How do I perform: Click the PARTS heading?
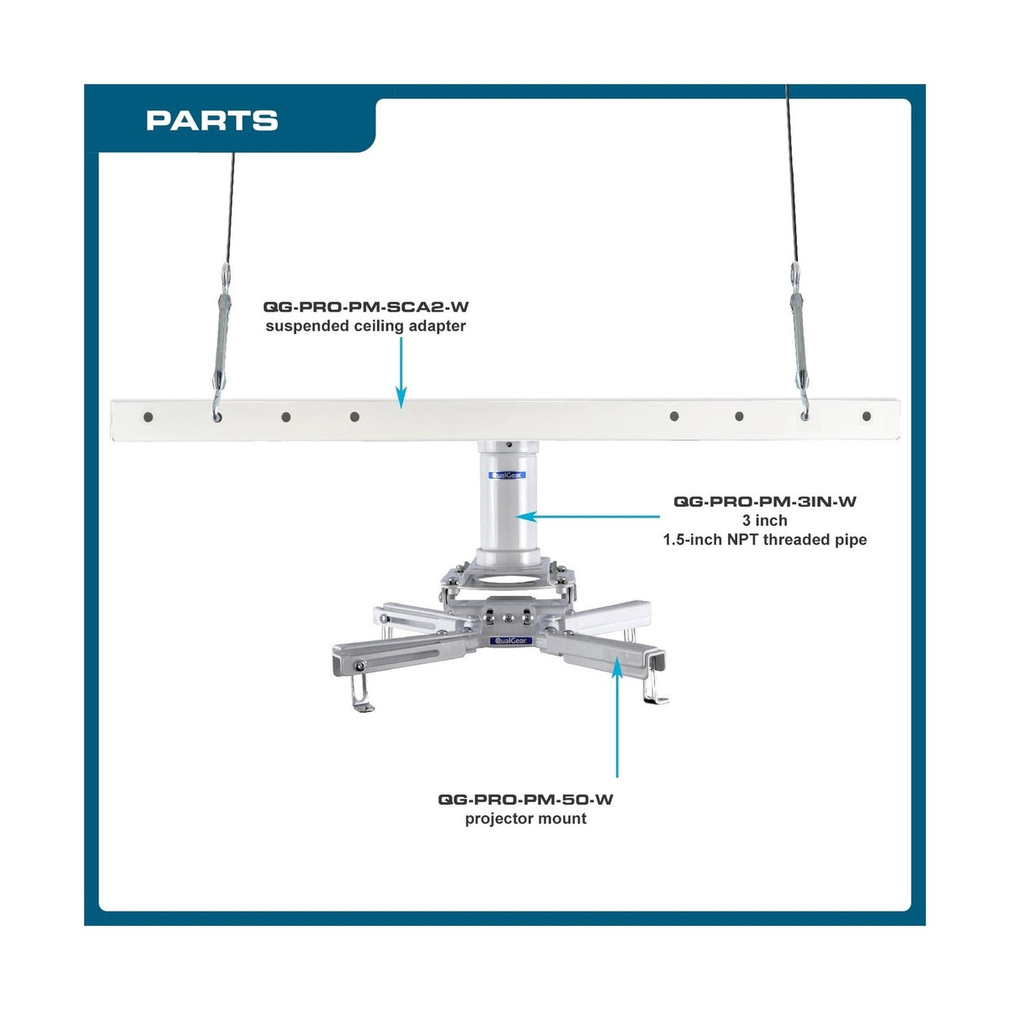(212, 120)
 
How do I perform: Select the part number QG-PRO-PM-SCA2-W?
(366, 306)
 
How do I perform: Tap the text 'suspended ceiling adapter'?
(366, 326)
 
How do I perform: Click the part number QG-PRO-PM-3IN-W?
(765, 502)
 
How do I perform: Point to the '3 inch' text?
(765, 520)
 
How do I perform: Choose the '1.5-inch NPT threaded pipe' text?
(765, 540)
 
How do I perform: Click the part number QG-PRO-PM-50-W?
(526, 800)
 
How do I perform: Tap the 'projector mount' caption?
(526, 819)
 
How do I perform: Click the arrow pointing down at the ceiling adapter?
(401, 373)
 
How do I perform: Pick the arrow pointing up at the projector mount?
(617, 715)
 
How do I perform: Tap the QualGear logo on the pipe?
(507, 476)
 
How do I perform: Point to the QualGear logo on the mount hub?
(511, 641)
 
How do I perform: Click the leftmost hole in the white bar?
(148, 417)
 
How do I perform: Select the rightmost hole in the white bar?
(866, 416)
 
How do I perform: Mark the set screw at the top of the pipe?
(508, 445)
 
